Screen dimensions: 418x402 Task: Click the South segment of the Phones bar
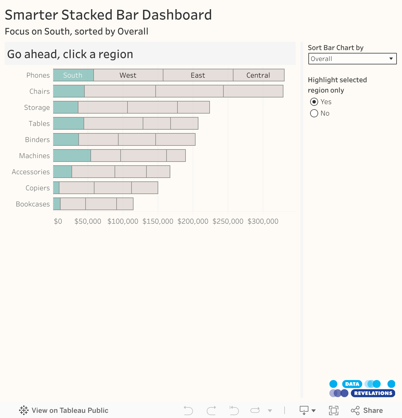(73, 75)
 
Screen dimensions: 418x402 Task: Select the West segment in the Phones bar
(128, 75)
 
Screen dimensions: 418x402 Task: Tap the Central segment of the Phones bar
(258, 75)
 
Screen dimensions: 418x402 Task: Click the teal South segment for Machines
(72, 156)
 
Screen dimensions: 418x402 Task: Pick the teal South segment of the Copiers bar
(56, 188)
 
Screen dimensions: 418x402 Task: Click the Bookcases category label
(33, 204)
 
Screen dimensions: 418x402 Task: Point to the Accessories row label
(31, 172)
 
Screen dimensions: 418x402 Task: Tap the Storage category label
(37, 108)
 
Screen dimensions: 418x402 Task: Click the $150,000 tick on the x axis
(158, 221)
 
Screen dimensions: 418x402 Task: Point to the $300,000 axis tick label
(263, 221)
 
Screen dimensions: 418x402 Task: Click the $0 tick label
(58, 221)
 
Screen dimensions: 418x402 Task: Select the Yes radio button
(314, 102)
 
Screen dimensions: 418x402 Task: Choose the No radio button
(314, 113)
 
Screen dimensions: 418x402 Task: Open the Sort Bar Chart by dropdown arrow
(391, 59)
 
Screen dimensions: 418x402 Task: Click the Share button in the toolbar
(367, 410)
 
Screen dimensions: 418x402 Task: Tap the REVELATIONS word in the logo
(373, 393)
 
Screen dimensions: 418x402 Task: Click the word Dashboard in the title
(177, 15)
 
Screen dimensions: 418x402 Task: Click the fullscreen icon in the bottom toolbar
(333, 410)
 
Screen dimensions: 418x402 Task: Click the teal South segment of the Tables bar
(68, 123)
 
